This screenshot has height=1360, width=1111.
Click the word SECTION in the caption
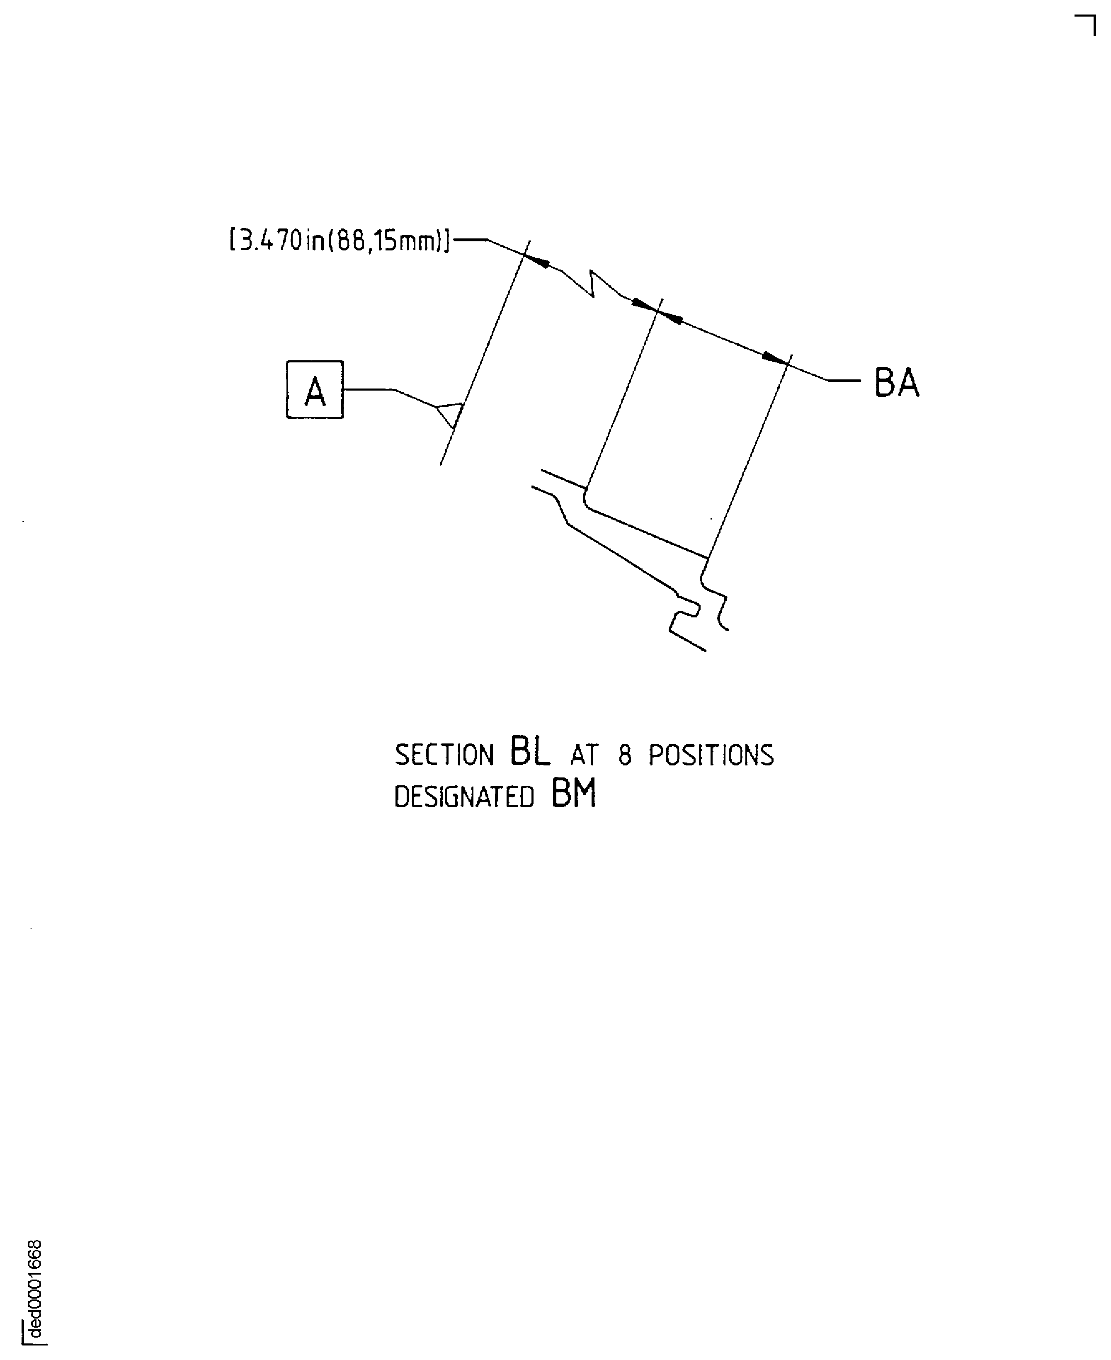click(x=444, y=755)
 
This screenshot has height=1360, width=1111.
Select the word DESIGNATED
click(x=464, y=797)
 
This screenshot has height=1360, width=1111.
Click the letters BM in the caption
click(x=573, y=794)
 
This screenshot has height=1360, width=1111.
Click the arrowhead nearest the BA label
click(x=774, y=357)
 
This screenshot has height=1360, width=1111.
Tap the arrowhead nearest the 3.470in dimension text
click(x=538, y=260)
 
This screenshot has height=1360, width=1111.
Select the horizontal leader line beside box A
click(x=368, y=389)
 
